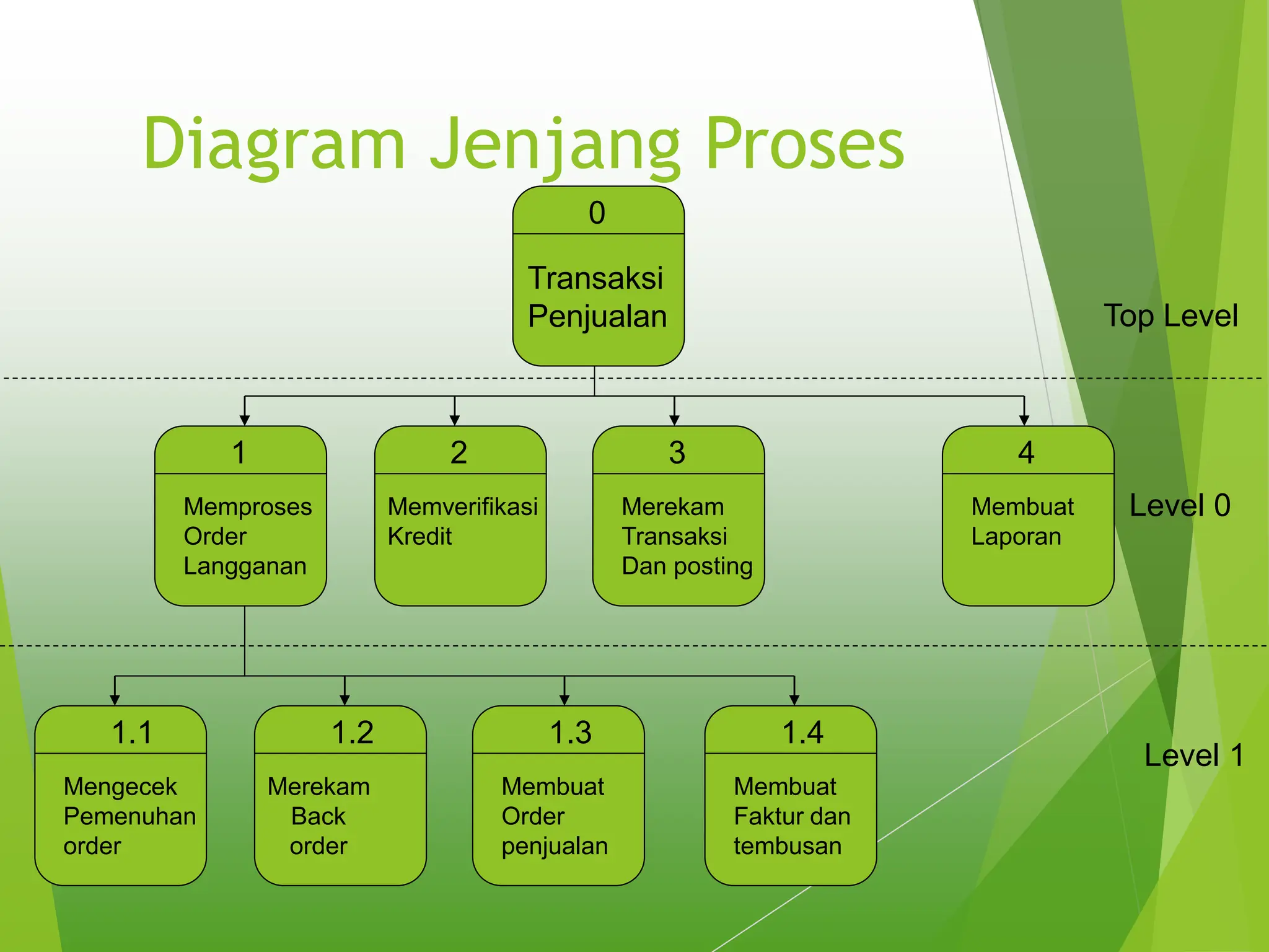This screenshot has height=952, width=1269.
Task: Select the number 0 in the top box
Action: coord(597,213)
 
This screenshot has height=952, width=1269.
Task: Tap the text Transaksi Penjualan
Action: coord(597,297)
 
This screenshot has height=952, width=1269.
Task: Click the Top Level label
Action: coord(1170,316)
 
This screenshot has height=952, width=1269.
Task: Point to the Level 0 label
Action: coord(1179,506)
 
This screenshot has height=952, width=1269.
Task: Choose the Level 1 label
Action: coord(1193,756)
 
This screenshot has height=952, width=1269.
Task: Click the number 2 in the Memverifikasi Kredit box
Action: coord(459,452)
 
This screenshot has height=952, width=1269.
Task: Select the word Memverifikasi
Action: coord(462,507)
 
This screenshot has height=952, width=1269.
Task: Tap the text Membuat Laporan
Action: coord(1021,521)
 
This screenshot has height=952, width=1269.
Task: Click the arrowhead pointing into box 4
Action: coord(1024,420)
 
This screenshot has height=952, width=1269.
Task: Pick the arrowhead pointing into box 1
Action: coord(245,420)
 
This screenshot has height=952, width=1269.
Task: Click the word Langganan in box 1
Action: coord(245,566)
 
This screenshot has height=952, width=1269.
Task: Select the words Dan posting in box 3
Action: coord(687,566)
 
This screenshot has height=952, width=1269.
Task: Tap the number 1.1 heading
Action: coord(132,733)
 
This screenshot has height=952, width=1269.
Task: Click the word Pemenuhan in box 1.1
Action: coord(130,816)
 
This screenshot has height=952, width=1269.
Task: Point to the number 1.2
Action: coord(352,733)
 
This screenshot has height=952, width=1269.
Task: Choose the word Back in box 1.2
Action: coord(318,816)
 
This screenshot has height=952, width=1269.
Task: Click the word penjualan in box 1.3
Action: coord(555,847)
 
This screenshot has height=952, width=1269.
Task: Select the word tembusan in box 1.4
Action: coord(787,847)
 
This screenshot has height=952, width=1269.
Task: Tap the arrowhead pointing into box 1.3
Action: coord(564,700)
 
